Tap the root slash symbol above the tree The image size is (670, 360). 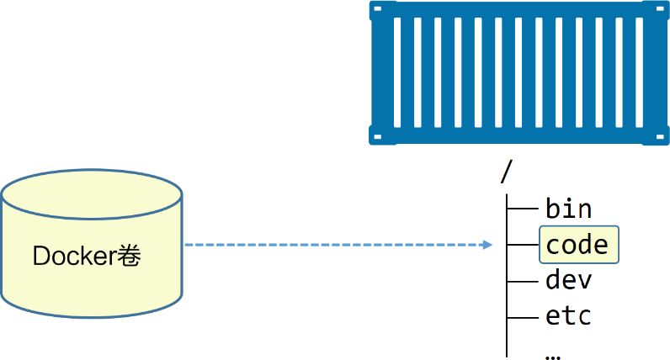pyautogui.click(x=506, y=172)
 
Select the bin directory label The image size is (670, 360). pyautogui.click(x=569, y=208)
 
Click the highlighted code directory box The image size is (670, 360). pyautogui.click(x=578, y=245)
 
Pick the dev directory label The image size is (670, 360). pyautogui.click(x=569, y=280)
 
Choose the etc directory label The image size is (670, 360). pyautogui.click(x=569, y=316)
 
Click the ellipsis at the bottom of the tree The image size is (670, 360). pyautogui.click(x=553, y=352)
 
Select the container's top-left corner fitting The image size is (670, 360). pyautogui.click(x=376, y=8)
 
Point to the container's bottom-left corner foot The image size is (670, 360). pyautogui.click(x=376, y=135)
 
